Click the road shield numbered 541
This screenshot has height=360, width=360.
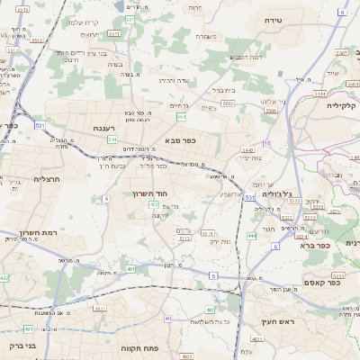[112, 139]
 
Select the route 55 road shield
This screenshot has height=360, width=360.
[266, 143]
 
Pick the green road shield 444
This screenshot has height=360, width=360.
[251, 236]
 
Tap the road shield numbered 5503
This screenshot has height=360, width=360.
[228, 103]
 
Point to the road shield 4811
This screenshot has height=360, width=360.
[131, 269]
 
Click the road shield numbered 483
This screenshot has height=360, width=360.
[210, 310]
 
